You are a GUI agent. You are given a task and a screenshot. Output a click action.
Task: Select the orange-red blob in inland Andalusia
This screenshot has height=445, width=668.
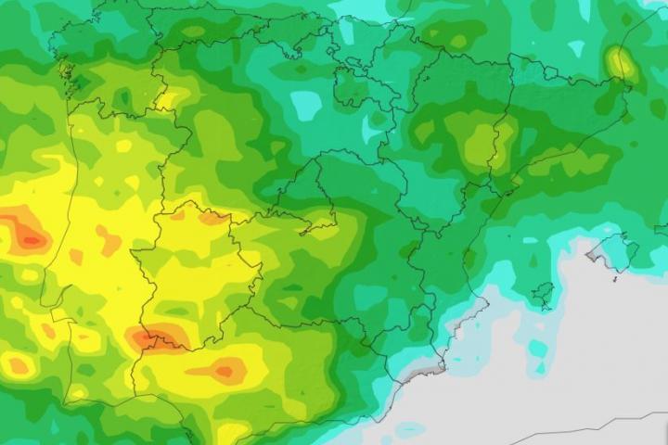(x=223, y=372)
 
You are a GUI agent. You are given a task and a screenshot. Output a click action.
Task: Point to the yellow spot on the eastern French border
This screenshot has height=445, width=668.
(x=621, y=63)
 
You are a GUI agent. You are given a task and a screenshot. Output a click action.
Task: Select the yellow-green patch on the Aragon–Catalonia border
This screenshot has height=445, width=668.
(x=482, y=144)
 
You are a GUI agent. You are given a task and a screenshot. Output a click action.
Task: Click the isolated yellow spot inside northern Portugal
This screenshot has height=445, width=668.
(x=122, y=146)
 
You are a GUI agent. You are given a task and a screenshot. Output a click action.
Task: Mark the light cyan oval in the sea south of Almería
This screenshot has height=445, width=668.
(x=408, y=429)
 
